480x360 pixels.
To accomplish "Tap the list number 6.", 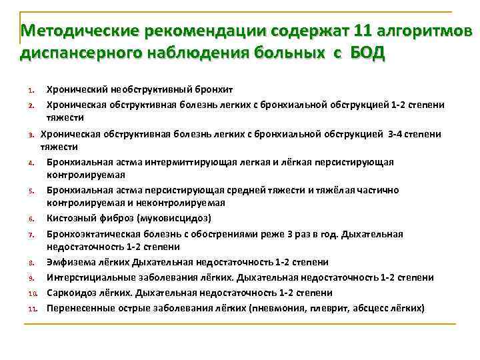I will coord(31,219).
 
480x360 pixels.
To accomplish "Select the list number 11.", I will coord(31,309).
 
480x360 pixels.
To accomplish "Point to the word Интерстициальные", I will coord(87,277).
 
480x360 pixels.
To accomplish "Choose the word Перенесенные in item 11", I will coord(78,308).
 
